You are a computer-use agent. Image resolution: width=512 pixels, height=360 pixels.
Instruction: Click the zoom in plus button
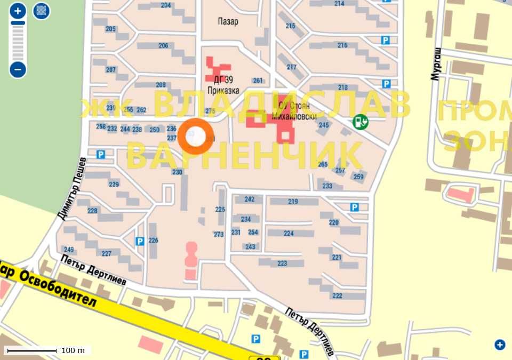coord(18,11)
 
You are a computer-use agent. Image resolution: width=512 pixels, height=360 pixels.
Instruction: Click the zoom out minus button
coord(18,69)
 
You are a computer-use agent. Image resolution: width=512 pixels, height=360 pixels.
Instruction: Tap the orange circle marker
coord(196,137)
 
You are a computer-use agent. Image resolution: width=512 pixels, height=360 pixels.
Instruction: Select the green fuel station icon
coord(361,122)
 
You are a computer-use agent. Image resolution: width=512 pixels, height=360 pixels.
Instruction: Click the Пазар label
coord(228,22)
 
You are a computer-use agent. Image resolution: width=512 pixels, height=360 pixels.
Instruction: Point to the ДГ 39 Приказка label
coord(226,86)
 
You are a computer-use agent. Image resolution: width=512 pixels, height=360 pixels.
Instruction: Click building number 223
coord(282,263)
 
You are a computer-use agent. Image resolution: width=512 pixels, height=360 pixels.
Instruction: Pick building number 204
coord(166,5)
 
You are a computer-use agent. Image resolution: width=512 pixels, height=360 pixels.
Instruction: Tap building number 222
coord(337,296)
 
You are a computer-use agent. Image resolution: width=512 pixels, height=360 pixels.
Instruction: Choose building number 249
coord(69,250)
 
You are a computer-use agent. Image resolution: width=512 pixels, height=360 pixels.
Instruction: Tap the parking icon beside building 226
coord(140,241)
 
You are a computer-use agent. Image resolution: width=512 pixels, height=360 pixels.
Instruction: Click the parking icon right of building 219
coord(354,207)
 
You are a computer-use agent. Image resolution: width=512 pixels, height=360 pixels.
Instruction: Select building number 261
coord(258,81)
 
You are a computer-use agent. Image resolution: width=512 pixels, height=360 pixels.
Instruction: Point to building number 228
coord(92,211)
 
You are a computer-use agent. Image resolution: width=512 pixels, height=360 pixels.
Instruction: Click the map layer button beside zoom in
coord(42,11)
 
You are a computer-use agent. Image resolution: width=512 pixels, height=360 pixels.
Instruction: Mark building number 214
coord(339,3)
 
